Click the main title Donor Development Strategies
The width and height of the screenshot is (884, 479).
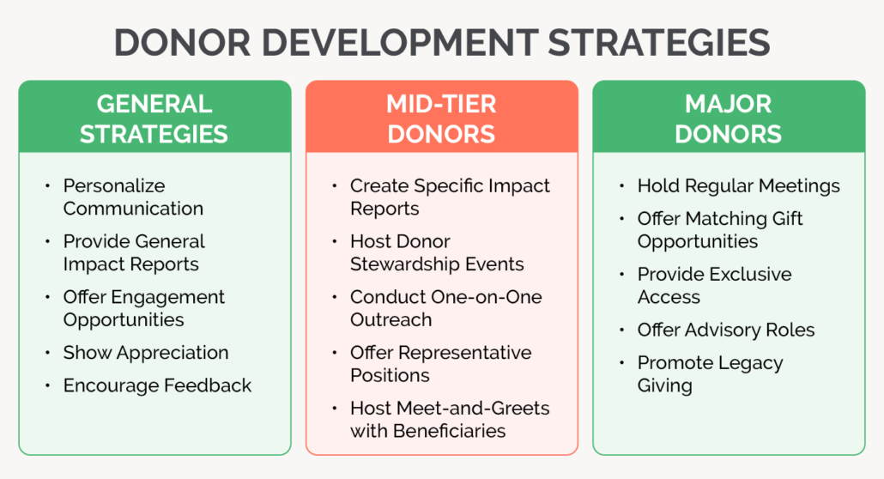tap(441, 42)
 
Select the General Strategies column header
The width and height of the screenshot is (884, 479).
tap(154, 118)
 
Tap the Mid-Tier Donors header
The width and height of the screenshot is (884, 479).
tap(441, 118)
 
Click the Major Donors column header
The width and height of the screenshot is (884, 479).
tap(728, 118)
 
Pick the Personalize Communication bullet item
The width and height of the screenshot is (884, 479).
tap(133, 197)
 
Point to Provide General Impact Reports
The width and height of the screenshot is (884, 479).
tap(133, 252)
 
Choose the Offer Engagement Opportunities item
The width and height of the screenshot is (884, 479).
tap(143, 308)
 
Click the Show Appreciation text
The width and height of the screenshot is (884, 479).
tap(145, 353)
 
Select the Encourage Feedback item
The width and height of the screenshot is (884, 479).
tap(157, 385)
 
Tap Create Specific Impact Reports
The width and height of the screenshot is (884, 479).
tap(450, 197)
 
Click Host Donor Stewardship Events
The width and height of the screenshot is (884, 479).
tap(437, 252)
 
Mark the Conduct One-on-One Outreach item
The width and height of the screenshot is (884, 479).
tap(445, 308)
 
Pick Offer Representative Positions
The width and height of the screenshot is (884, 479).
tap(440, 364)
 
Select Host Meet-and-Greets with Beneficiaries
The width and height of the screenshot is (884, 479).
tap(450, 419)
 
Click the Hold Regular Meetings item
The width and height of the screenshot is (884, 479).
tap(738, 185)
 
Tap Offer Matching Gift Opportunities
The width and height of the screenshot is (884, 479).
tap(720, 230)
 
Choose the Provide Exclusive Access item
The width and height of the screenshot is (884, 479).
tap(714, 286)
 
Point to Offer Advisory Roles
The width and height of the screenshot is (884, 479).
tap(725, 330)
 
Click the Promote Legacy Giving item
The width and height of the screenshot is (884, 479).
tap(710, 374)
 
